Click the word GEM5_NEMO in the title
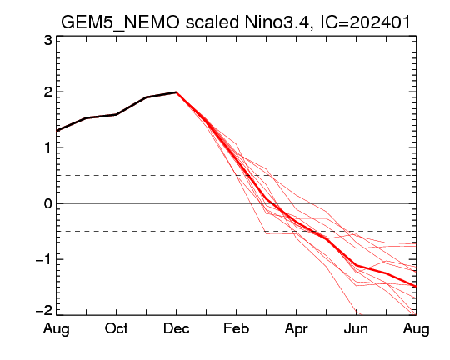[x=120, y=22]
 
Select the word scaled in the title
[x=212, y=22]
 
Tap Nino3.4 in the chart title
[x=277, y=22]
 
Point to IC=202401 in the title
[x=365, y=22]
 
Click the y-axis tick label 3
[x=48, y=41]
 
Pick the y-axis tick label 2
[x=48, y=92]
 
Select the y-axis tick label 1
[x=48, y=147]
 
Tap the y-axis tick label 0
[x=48, y=204]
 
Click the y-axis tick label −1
[x=43, y=259]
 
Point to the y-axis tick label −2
[x=43, y=310]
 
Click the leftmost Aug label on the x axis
[x=57, y=329]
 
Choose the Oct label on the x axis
[x=116, y=328]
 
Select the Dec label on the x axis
[x=176, y=328]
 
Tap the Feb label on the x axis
[x=236, y=328]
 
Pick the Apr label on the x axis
[x=296, y=329]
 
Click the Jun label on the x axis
[x=356, y=328]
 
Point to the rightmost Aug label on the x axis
[x=416, y=329]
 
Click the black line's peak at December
[x=176, y=92]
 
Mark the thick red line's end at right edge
[x=416, y=287]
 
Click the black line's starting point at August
[x=57, y=131]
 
